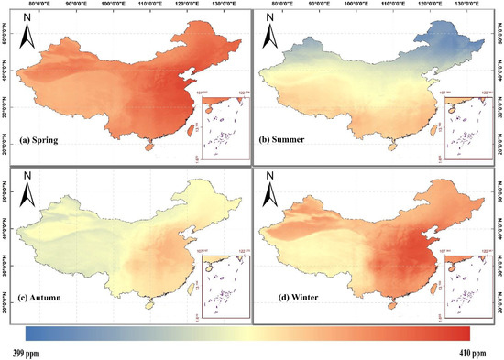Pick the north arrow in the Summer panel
[x=273, y=35]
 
